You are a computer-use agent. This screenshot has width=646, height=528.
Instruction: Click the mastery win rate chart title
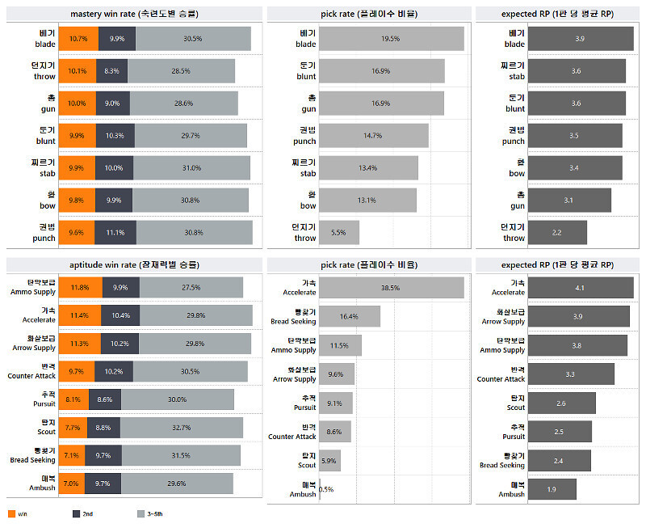click(134, 14)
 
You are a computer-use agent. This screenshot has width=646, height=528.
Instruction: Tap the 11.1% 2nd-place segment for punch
click(116, 233)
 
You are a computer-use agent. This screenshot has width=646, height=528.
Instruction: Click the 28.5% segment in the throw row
click(181, 71)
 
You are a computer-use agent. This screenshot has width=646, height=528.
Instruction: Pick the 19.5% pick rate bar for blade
click(391, 39)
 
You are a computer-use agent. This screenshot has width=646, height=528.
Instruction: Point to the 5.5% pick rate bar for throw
click(338, 233)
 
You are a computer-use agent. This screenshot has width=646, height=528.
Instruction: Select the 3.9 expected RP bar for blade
click(579, 39)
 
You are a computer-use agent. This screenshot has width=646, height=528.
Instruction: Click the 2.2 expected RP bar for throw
click(557, 233)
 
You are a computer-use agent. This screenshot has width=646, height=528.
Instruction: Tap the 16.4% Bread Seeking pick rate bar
click(349, 316)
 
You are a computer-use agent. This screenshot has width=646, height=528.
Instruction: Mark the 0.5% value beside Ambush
click(326, 489)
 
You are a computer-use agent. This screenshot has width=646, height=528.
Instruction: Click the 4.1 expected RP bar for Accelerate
click(580, 287)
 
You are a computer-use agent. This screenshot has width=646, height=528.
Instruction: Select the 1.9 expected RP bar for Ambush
click(552, 489)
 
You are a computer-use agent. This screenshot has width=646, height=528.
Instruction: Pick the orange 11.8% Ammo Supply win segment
click(80, 287)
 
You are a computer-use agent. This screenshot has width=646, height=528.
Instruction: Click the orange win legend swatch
click(10, 513)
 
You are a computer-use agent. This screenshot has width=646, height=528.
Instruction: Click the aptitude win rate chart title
click(134, 264)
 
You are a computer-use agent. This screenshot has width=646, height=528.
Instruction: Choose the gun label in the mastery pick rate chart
click(306, 103)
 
